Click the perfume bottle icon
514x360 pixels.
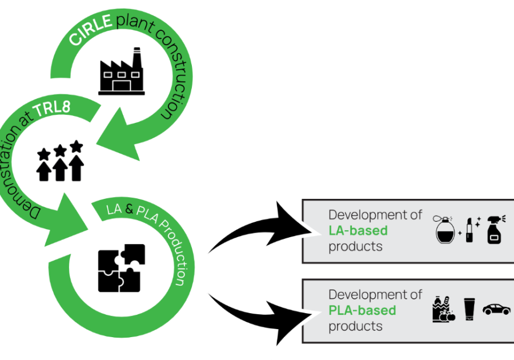pos(445,230)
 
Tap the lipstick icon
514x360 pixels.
pos(469,230)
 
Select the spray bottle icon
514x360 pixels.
pos(495,230)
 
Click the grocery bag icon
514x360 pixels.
pos(443,310)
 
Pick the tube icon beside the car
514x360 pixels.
pos(469,310)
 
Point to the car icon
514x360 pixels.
pos(496,309)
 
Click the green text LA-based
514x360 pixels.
pos(358,231)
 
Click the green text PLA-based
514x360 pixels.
pos(362,311)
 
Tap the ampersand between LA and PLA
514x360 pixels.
pos(129,210)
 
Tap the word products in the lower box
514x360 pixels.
pos(355,326)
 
